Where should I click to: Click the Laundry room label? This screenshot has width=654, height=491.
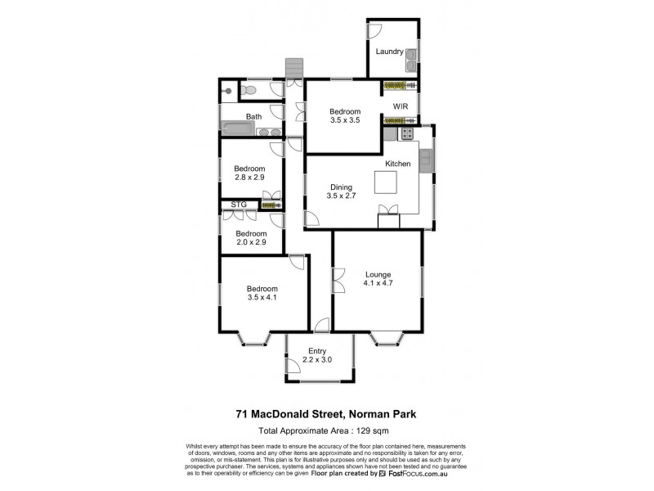(389, 52)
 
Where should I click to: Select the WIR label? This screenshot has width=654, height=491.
(401, 106)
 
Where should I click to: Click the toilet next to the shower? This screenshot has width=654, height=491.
(253, 90)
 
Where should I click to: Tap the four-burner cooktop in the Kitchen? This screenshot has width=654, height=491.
(406, 133)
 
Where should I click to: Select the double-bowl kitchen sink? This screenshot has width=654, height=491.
(425, 161)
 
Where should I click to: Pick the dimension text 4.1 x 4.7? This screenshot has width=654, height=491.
(379, 284)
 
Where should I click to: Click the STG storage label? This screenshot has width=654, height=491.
(239, 205)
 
